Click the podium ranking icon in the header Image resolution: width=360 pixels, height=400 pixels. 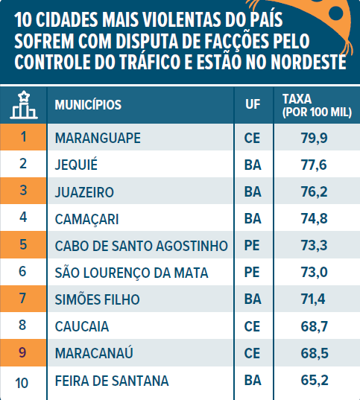pos(24,105)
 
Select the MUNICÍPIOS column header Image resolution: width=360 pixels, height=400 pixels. pos(88,104)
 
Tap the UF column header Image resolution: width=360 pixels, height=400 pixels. pos(253,104)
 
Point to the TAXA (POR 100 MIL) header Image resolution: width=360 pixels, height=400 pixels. pos(317,106)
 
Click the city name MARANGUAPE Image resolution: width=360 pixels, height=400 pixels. pos(98,138)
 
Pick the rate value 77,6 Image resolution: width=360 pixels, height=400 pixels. pos(314,165)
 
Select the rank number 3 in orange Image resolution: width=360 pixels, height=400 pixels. pos(23,190)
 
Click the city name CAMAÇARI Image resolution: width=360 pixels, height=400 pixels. pos(87,219)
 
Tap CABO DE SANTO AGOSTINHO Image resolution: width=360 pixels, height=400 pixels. pos(142,246)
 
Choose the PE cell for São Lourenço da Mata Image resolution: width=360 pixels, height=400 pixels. pos(252,272)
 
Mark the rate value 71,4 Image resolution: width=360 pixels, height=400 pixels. pos(313,299)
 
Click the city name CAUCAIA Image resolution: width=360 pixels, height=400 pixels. pos(82,326)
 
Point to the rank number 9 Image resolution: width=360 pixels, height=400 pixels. pos(22,352)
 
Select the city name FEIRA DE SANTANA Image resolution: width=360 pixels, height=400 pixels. pos(112,381)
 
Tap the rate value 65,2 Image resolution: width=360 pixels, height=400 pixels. pos(315,381)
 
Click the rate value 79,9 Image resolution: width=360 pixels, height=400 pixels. pos(314,138)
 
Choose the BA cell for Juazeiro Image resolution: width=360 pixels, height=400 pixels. pos(253,192)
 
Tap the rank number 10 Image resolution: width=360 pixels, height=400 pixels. pos(22,383)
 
